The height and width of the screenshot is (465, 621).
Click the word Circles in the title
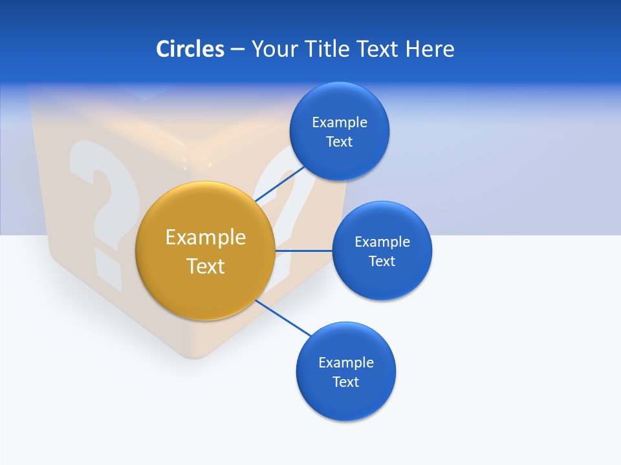[190, 49]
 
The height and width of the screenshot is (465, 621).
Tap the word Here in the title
[430, 49]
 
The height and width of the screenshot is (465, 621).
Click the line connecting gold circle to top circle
[280, 184]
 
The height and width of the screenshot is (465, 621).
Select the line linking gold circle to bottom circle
[283, 318]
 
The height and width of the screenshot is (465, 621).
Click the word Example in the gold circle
[206, 237]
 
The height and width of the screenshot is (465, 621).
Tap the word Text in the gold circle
[206, 266]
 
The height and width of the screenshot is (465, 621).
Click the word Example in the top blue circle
[339, 122]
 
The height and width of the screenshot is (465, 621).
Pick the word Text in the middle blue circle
[382, 261]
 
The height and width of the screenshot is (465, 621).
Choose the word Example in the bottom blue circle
[345, 362]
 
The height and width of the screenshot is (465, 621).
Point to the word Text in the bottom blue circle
[345, 382]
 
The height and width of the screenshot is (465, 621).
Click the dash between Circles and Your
[237, 50]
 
